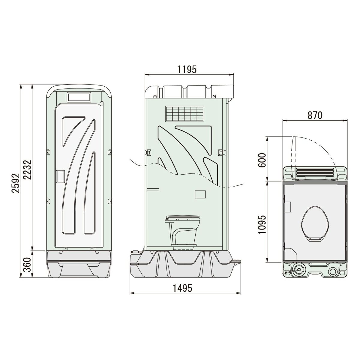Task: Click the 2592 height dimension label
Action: click(x=16, y=183)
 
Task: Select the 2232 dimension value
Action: click(x=28, y=170)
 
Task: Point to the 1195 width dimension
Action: click(x=187, y=70)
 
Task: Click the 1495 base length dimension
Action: click(x=182, y=288)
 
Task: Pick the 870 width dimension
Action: click(x=315, y=115)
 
